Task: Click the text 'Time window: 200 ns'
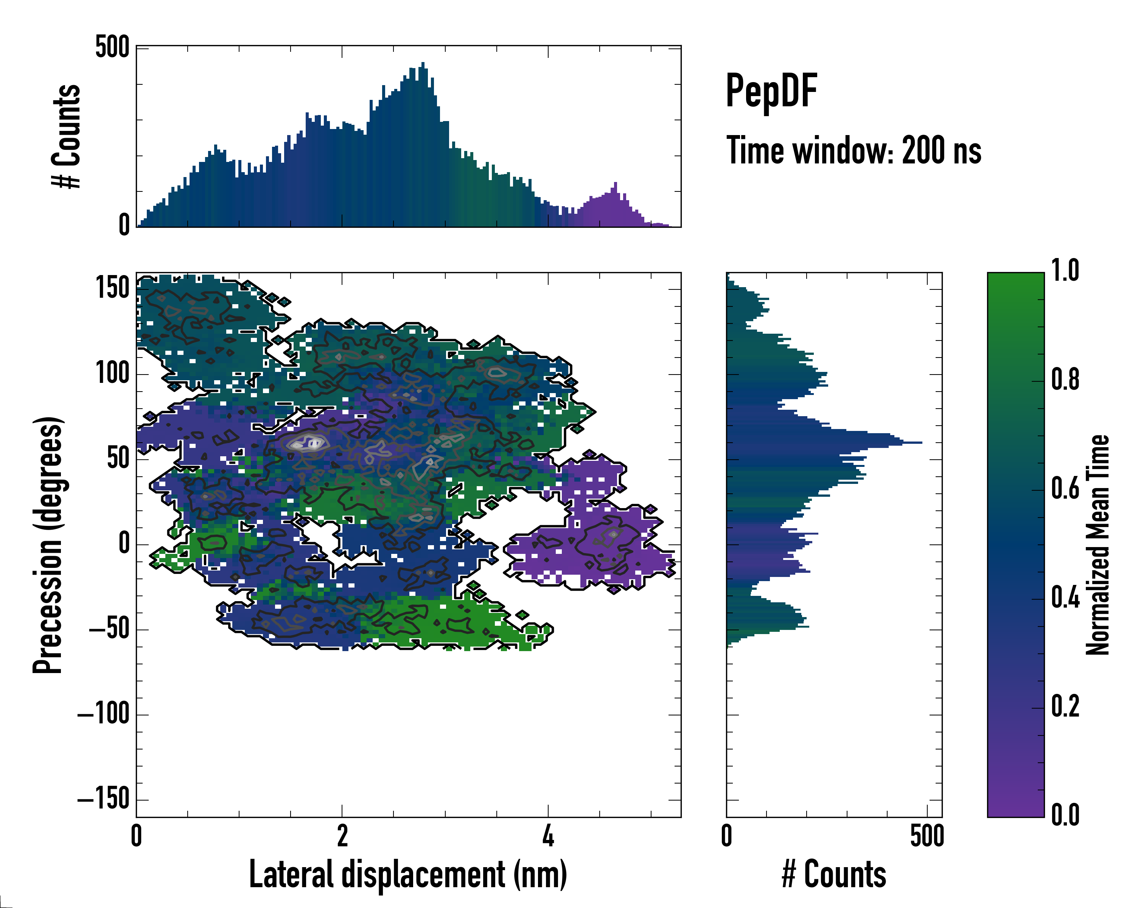pos(854,151)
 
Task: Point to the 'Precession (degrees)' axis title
pos(48,545)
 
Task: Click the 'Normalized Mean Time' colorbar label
pos(1097,545)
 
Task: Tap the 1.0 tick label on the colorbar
pos(1065,271)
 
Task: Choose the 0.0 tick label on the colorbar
pos(1065,814)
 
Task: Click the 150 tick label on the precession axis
pos(112,288)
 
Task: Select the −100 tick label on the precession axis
pos(103,714)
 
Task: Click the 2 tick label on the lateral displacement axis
pos(342,836)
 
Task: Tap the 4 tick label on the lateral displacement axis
pos(548,836)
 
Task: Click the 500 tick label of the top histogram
pos(112,47)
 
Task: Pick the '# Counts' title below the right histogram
pos(833,874)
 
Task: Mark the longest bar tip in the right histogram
pos(920,443)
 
